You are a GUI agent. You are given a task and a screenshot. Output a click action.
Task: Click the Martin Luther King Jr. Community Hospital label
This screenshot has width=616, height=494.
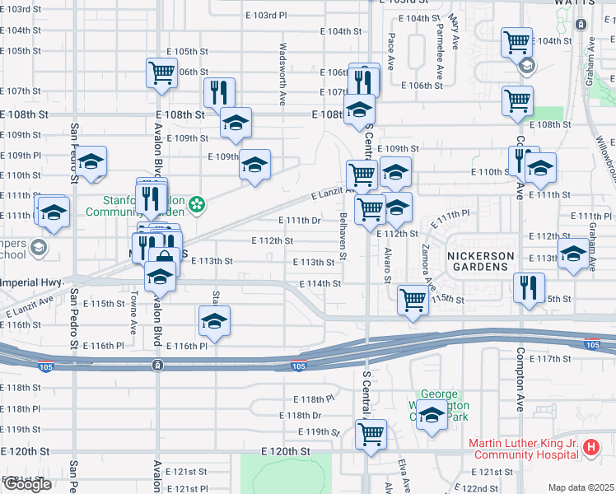point(523,449)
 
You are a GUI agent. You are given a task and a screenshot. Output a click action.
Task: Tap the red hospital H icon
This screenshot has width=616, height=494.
point(590,449)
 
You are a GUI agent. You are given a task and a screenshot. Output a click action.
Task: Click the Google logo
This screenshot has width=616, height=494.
point(27,484)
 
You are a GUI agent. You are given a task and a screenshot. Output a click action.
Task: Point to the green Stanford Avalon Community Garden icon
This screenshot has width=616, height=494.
point(197,203)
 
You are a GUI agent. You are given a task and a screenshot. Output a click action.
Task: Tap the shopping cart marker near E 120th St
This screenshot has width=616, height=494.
point(371,433)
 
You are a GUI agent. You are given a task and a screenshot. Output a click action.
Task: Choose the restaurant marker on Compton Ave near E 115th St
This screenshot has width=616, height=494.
point(527,287)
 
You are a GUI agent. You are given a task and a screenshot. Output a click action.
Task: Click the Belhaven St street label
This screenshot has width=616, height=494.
point(343,235)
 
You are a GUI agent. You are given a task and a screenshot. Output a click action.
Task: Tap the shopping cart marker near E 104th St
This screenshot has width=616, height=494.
point(517,41)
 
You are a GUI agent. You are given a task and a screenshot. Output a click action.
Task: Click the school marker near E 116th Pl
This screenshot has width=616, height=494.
point(214,320)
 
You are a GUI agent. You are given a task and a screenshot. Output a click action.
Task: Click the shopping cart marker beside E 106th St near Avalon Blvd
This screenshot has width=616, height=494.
point(161,72)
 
